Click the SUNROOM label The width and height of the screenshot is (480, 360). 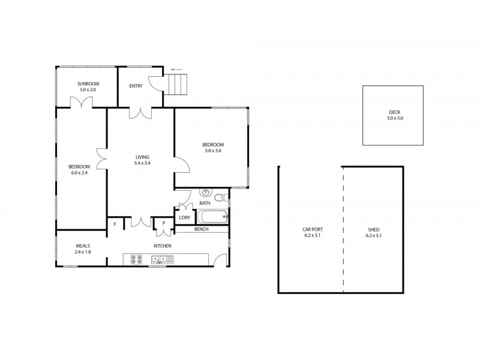point(87,83)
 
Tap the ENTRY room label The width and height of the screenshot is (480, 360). point(136,86)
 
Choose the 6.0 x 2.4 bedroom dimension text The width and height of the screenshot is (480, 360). point(79,173)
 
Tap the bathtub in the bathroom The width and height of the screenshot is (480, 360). point(213,217)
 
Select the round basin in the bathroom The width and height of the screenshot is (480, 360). point(205,193)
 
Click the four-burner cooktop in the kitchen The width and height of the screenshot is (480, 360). point(136,260)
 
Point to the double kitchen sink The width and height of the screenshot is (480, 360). point(162,259)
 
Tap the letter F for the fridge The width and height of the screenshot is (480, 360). point(115,224)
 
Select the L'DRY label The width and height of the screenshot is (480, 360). point(184,218)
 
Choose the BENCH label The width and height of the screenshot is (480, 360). point(200,229)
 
